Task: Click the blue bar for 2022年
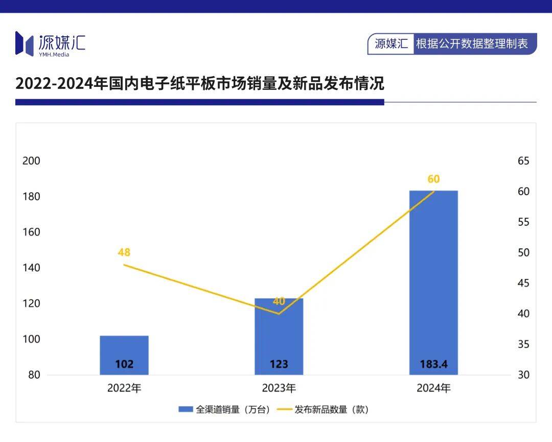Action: click(x=124, y=355)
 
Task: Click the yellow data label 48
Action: click(x=124, y=252)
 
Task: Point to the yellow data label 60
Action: click(x=433, y=179)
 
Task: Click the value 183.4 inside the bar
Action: click(x=433, y=364)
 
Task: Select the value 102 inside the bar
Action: click(x=124, y=364)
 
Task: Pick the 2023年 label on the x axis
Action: click(x=279, y=388)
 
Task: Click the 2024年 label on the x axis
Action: click(x=433, y=388)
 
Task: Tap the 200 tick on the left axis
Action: click(x=32, y=161)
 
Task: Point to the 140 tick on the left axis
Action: click(x=32, y=268)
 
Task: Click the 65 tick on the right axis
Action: click(x=523, y=161)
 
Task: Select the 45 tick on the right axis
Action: click(x=523, y=283)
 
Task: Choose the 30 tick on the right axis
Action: click(x=523, y=375)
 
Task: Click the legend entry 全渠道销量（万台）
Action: click(x=225, y=409)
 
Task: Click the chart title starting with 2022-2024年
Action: click(x=200, y=83)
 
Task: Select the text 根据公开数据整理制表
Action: click(x=472, y=44)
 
